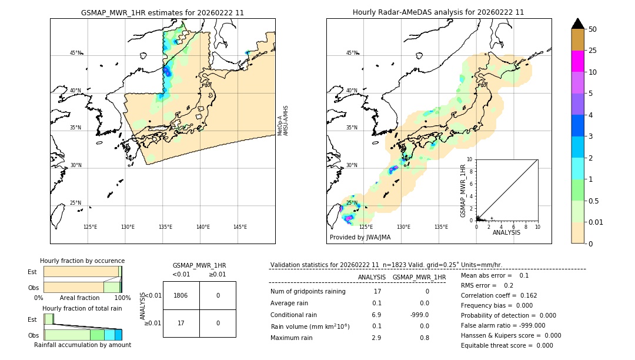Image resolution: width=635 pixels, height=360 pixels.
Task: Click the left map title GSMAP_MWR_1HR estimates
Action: (x=162, y=12)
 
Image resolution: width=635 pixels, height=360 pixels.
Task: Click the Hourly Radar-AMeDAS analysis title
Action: (x=438, y=12)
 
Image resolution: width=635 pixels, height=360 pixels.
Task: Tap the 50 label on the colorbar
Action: (x=593, y=29)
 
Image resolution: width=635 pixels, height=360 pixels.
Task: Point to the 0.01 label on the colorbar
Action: (x=597, y=222)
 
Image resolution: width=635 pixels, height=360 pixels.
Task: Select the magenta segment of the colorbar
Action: (x=577, y=61)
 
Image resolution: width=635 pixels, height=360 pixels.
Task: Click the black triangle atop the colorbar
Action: (x=577, y=24)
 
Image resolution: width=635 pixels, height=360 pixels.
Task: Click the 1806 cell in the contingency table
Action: (x=181, y=295)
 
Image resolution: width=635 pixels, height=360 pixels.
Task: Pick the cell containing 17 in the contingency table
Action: (x=181, y=323)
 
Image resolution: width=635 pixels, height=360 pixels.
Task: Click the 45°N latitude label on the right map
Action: (x=351, y=53)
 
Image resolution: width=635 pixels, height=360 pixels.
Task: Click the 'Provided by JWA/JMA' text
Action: (x=360, y=237)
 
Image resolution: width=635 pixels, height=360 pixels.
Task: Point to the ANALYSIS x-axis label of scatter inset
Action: (x=506, y=232)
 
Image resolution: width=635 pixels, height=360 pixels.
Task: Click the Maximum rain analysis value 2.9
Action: (x=376, y=338)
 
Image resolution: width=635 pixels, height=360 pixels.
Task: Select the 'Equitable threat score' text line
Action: (x=507, y=345)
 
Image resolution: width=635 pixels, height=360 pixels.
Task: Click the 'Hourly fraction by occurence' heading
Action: (x=82, y=261)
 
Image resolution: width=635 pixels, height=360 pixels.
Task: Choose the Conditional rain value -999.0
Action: (x=419, y=315)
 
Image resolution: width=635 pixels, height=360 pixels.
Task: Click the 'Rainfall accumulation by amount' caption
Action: (x=82, y=345)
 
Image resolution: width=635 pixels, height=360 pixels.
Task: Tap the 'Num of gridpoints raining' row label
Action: (x=308, y=291)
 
